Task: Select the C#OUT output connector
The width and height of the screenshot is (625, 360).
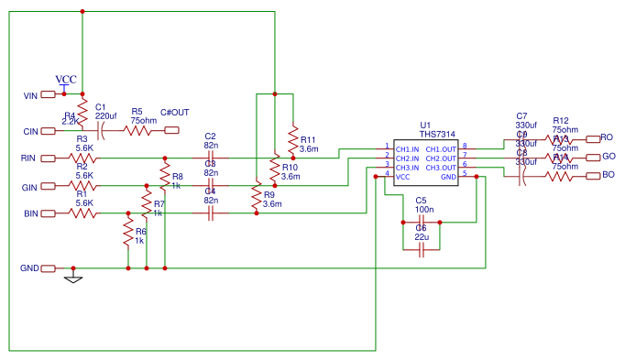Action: click(x=172, y=130)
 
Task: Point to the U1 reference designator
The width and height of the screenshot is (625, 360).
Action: click(x=424, y=125)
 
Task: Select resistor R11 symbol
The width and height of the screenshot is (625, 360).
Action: click(x=292, y=141)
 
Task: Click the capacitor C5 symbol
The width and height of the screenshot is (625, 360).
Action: click(x=422, y=222)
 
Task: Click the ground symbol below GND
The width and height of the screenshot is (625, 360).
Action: click(x=73, y=278)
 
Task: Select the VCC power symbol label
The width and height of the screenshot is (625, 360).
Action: click(x=66, y=79)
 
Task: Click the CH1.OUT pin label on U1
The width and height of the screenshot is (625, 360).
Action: click(x=442, y=147)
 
